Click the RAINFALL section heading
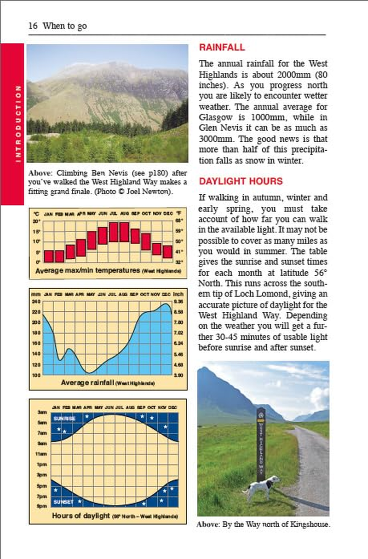pyautogui.click(x=222, y=47)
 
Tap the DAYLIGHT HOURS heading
pyautogui.click(x=241, y=181)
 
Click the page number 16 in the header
pyautogui.click(x=33, y=26)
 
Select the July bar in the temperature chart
pyautogui.click(x=114, y=232)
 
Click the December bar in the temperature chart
pyautogui.click(x=167, y=252)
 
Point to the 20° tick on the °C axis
pyautogui.click(x=37, y=221)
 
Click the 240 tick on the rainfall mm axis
pyautogui.click(x=36, y=301)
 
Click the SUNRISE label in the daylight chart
pyautogui.click(x=63, y=419)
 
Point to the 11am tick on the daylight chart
pyautogui.click(x=42, y=454)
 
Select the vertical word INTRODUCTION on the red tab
pyautogui.click(x=18, y=123)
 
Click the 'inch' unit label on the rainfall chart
pyautogui.click(x=178, y=294)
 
